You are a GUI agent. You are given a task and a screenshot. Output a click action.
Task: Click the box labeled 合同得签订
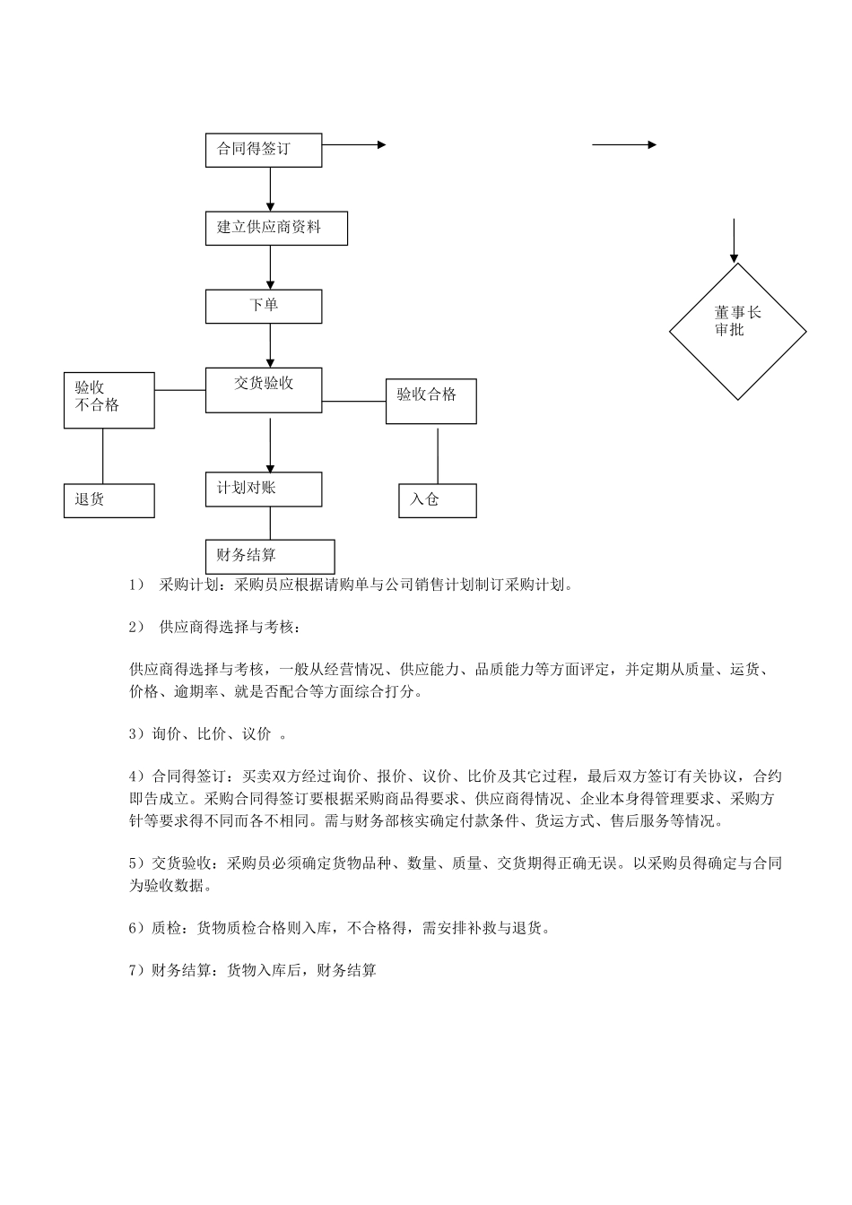tap(263, 150)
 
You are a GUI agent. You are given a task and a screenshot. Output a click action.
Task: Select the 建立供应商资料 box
tap(276, 229)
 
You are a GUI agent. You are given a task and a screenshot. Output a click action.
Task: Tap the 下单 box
tap(263, 307)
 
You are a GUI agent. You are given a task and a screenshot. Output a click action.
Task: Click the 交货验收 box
tap(263, 390)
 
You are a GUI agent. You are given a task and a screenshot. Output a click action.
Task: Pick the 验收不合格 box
tap(109, 400)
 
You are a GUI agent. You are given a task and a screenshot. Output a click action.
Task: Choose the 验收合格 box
tap(430, 401)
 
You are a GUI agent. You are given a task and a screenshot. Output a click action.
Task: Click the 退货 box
tap(109, 500)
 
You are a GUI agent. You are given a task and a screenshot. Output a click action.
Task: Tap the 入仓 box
tap(437, 500)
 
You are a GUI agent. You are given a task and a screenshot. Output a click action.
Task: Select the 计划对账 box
tap(263, 490)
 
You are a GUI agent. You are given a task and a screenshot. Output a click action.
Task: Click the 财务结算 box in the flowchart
tap(270, 556)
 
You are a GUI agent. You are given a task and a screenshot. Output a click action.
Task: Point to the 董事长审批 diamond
tap(737, 331)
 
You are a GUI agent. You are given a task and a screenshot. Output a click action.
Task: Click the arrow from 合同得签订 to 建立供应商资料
tap(270, 189)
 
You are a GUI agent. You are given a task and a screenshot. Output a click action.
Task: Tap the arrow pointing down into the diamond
tap(735, 240)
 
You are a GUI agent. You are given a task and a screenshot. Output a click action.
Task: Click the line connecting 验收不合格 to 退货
tap(102, 455)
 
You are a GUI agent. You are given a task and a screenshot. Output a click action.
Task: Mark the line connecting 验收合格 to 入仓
tap(438, 455)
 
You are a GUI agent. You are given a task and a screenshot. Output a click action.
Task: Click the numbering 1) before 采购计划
tap(136, 585)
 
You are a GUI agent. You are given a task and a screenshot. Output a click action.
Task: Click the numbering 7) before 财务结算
tap(136, 970)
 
